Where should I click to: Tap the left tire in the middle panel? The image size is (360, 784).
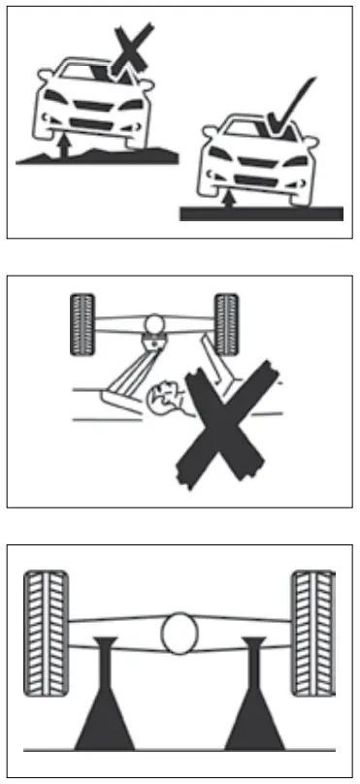[85, 322]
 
